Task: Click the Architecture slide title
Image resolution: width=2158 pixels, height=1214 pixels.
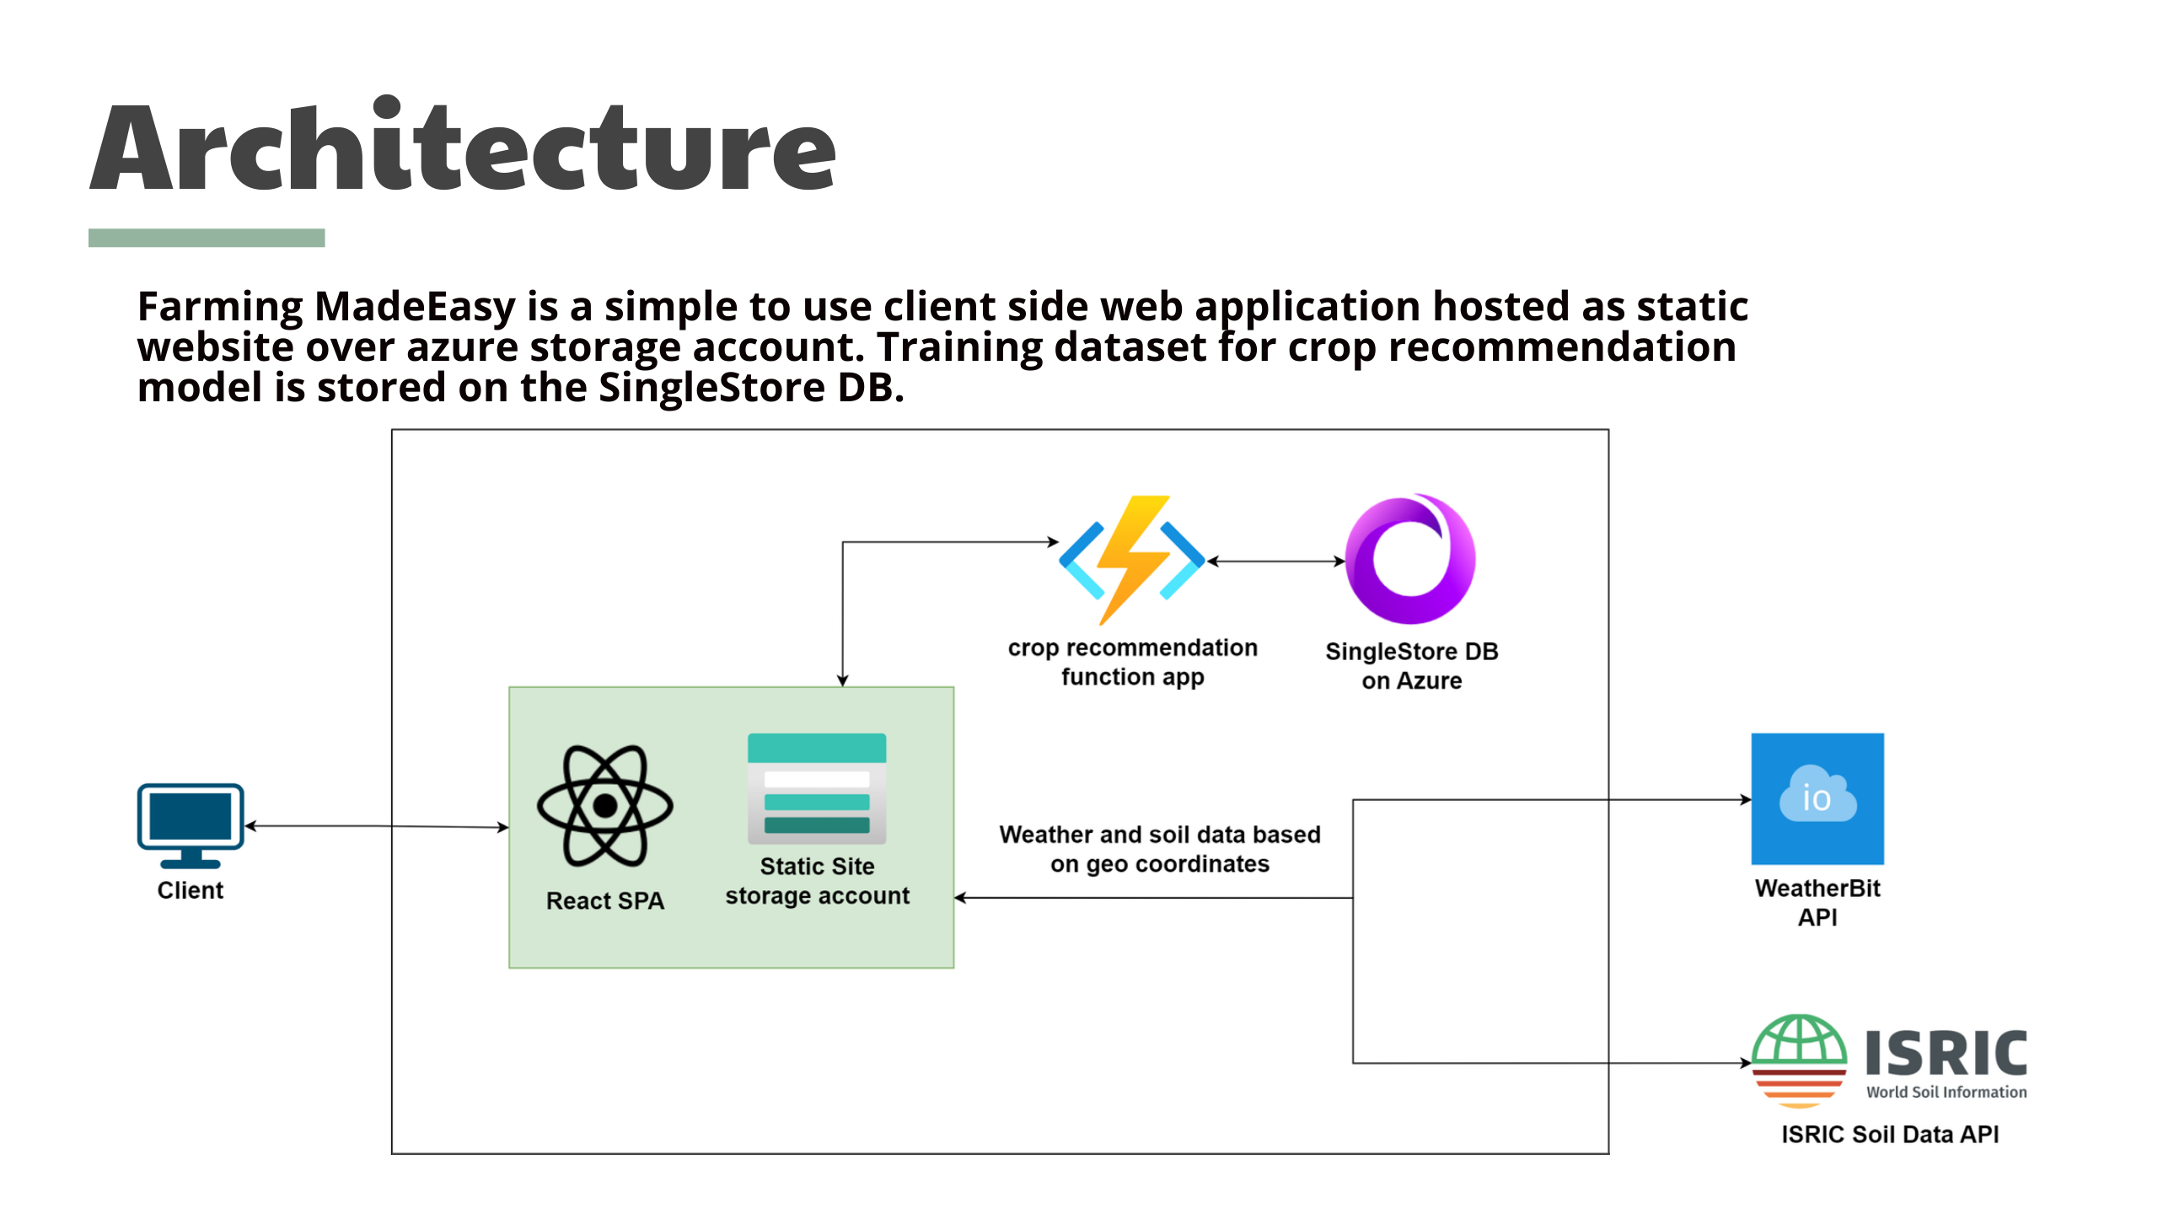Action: [x=463, y=145]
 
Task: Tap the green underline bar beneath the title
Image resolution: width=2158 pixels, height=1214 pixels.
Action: [x=207, y=238]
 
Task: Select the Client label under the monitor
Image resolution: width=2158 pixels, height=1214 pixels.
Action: [x=191, y=890]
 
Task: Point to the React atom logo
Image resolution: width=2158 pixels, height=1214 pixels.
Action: [x=605, y=806]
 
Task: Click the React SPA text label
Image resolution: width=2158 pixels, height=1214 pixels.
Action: [x=605, y=900]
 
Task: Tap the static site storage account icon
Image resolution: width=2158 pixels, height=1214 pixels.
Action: [x=817, y=788]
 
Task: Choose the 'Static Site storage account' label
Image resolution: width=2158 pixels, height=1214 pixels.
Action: [x=818, y=881]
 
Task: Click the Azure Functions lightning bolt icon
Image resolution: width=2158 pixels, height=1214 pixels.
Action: [x=1132, y=560]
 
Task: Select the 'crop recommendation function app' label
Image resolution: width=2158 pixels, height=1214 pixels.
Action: [x=1133, y=663]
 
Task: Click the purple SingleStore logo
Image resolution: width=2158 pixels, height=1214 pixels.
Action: [x=1410, y=559]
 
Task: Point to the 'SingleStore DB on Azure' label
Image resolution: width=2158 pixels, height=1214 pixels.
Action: [x=1412, y=666]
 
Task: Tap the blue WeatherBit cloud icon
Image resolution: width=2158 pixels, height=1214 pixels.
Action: [x=1817, y=798]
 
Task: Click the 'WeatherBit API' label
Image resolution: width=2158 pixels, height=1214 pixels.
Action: [x=1817, y=902]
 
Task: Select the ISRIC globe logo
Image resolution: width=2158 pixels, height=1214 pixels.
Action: [x=1799, y=1061]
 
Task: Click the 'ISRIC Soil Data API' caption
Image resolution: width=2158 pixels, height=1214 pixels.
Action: [x=1890, y=1134]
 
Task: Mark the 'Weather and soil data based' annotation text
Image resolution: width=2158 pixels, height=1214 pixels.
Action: [x=1160, y=835]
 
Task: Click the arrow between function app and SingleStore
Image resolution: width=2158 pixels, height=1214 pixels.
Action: [x=1276, y=561]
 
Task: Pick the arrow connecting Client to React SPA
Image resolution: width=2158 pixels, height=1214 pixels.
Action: [x=377, y=826]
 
